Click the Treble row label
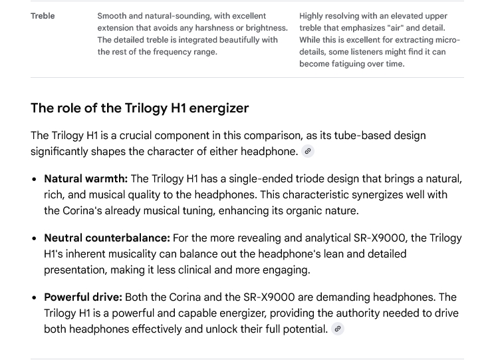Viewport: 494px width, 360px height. point(43,16)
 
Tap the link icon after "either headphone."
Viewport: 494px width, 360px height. point(307,151)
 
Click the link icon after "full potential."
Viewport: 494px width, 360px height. point(338,329)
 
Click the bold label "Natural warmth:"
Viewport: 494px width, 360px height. point(86,178)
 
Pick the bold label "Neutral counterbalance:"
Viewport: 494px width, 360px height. point(107,238)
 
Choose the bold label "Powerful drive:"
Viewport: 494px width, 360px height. point(83,297)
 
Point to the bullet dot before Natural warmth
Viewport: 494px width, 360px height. point(35,179)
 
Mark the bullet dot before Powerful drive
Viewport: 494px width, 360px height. point(35,297)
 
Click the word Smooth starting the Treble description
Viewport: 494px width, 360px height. point(112,16)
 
